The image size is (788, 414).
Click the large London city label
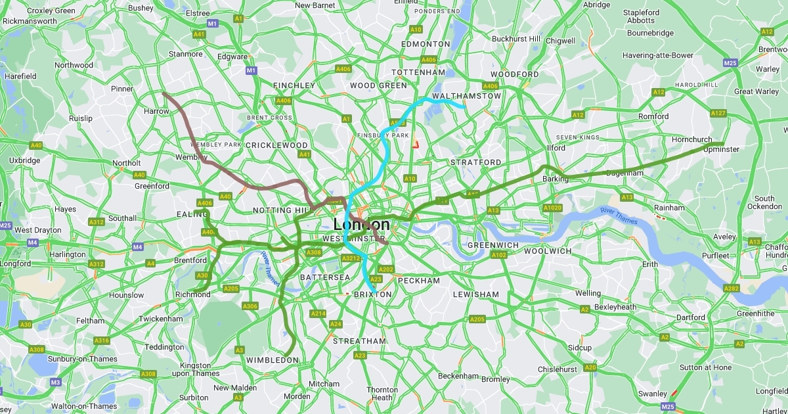tap(361, 224)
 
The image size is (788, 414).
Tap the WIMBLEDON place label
tap(273, 360)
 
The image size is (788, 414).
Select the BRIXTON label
tap(372, 294)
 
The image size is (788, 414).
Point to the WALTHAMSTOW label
tap(466, 96)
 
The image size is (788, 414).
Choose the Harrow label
tap(156, 111)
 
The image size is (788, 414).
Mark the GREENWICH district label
tap(492, 245)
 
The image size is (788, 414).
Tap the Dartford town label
tap(690, 317)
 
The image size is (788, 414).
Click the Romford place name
tap(653, 116)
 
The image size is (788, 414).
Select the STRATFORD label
tap(475, 162)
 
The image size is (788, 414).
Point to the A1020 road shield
tap(552, 208)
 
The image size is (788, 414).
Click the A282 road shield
tap(732, 288)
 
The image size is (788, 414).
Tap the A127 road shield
tap(718, 113)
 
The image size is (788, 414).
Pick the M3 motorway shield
tap(55, 382)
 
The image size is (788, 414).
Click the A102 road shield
tap(499, 255)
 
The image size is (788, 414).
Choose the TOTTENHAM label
tap(418, 72)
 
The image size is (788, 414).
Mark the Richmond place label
tap(192, 294)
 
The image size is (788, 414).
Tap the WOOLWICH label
tap(548, 251)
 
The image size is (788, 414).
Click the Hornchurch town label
tap(691, 139)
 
